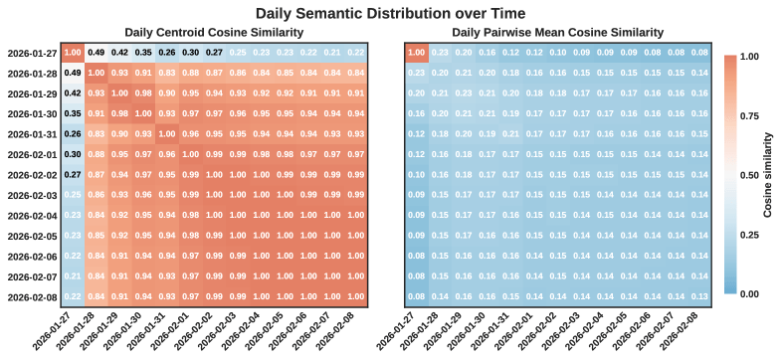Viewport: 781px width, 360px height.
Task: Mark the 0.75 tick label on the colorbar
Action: point(749,115)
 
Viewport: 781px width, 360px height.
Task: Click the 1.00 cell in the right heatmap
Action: point(419,53)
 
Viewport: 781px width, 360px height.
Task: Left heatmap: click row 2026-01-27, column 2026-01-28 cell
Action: point(97,53)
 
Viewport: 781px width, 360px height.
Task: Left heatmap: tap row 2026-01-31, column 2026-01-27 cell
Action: point(73,134)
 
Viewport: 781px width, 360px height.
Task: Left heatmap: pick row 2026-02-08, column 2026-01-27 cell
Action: point(73,297)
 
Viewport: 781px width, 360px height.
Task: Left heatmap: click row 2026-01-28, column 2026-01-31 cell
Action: point(166,73)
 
